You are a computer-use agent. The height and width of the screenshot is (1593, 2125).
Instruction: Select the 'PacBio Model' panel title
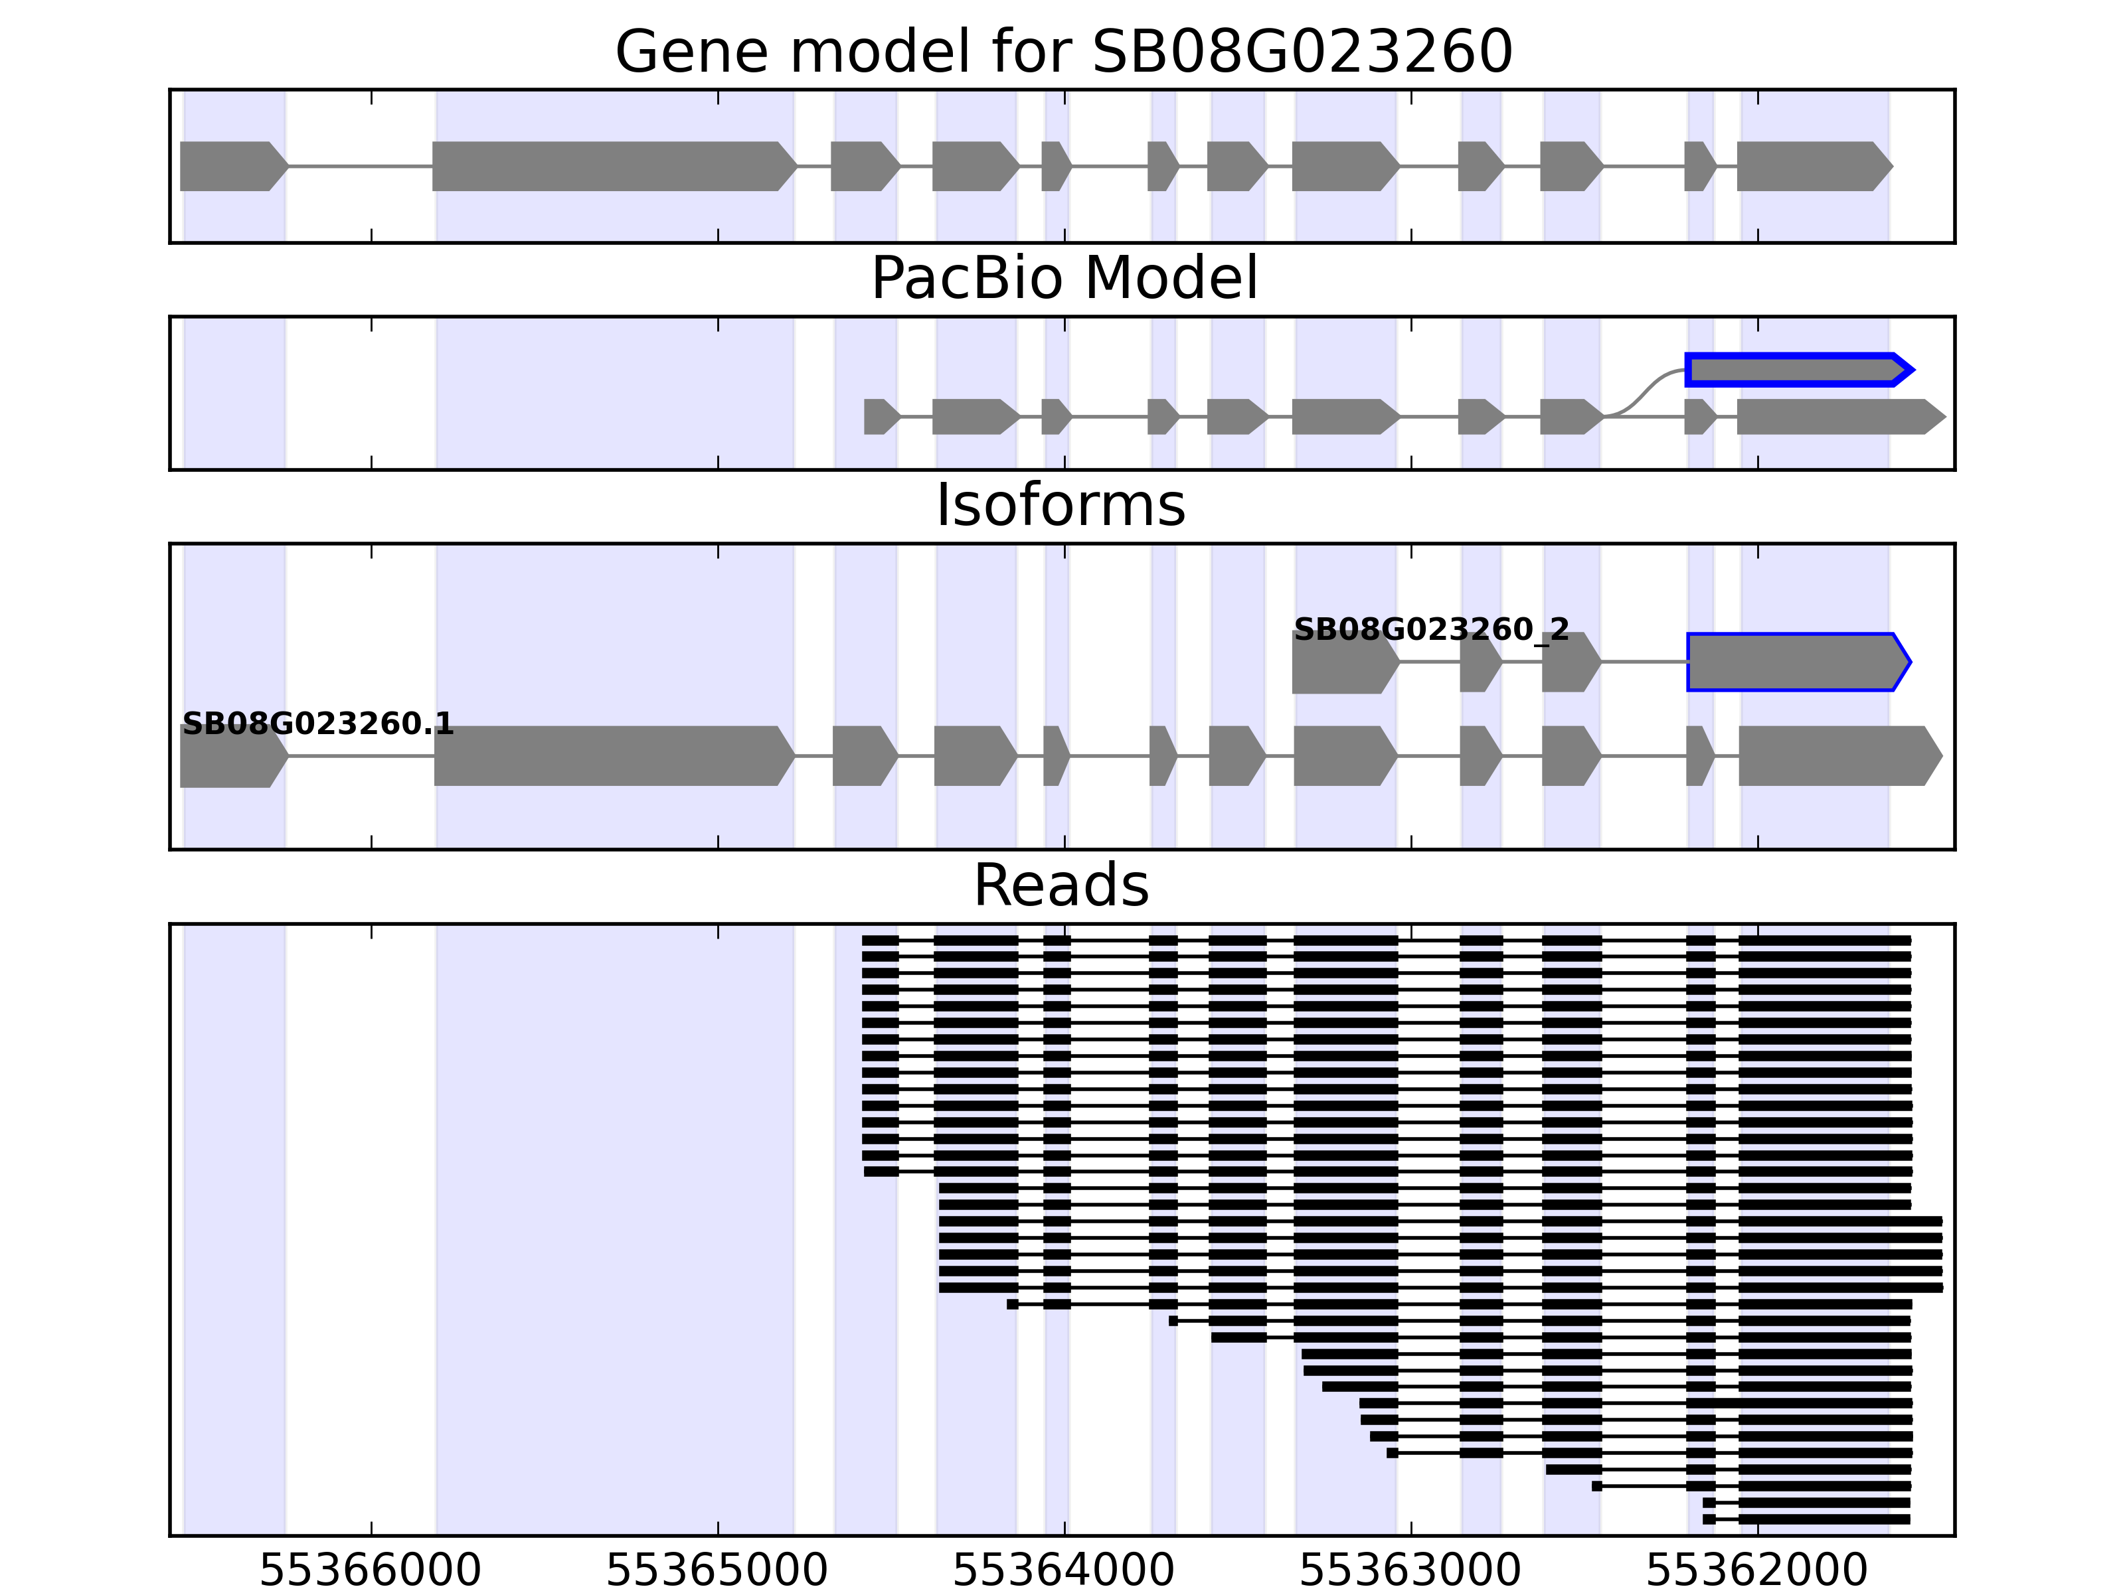point(1063,279)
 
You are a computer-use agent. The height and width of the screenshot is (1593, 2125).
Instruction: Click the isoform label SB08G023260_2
point(1432,630)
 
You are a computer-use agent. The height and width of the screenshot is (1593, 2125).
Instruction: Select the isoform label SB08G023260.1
point(317,724)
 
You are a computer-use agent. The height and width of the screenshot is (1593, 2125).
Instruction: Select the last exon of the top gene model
point(1812,166)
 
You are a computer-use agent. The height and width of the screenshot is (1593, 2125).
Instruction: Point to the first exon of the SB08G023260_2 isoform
point(1343,662)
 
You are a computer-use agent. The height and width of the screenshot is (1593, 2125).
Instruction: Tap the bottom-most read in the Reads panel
point(1806,1519)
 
